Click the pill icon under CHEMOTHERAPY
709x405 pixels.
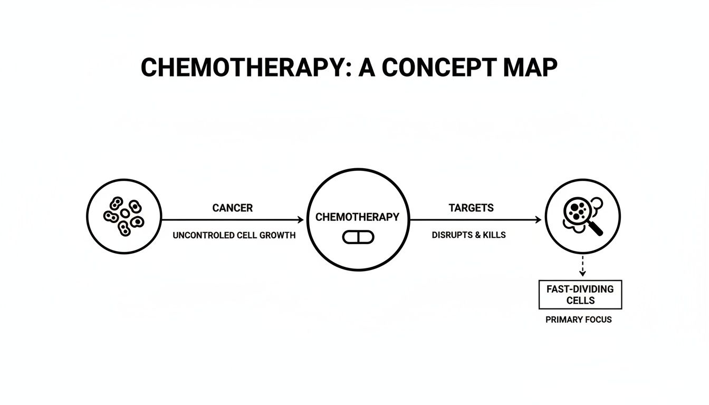click(358, 237)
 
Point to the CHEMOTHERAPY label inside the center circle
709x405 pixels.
click(358, 217)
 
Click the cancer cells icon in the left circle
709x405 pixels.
click(124, 216)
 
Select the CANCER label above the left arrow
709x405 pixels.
click(233, 208)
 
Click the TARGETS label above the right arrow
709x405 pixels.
click(471, 208)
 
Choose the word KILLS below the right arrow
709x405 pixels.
click(494, 235)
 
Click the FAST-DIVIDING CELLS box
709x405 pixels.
click(580, 295)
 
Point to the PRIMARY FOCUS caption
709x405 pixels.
click(579, 320)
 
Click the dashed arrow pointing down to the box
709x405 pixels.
click(582, 265)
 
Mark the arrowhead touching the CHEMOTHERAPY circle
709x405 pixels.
click(301, 219)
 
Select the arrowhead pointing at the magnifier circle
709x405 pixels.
click(538, 219)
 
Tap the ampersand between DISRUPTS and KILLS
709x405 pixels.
click(477, 235)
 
